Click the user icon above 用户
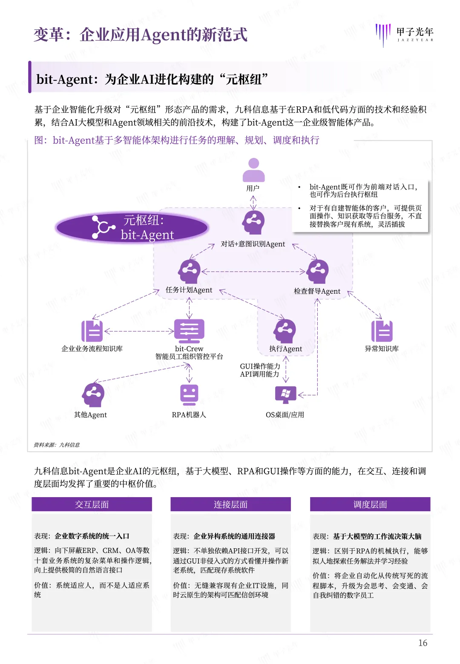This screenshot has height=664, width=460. pos(253,170)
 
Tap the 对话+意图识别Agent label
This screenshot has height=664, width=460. pos(253,244)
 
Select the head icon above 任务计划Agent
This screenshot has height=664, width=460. pos(189,271)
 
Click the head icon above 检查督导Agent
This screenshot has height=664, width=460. pos(318,271)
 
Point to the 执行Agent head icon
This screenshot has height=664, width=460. pos(285,331)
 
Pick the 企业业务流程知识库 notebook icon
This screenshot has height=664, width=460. pos(92,331)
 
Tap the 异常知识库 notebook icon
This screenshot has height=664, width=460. pos(382,331)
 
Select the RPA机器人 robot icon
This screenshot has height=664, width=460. pos(189,395)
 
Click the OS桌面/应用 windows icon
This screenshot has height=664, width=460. pos(285,395)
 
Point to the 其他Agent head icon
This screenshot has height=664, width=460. pos(93,395)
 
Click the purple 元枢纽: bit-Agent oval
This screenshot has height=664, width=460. pos(132,227)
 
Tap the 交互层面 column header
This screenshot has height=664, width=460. pos(92,504)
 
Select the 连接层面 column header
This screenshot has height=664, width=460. pos(230,504)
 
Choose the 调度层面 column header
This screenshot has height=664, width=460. pos(370,504)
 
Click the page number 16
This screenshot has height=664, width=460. pos(423,643)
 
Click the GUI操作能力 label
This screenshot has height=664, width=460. pos(260,366)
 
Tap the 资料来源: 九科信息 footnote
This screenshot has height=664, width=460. pos(57,445)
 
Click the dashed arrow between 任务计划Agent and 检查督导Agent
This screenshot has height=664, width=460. pos(253,272)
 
